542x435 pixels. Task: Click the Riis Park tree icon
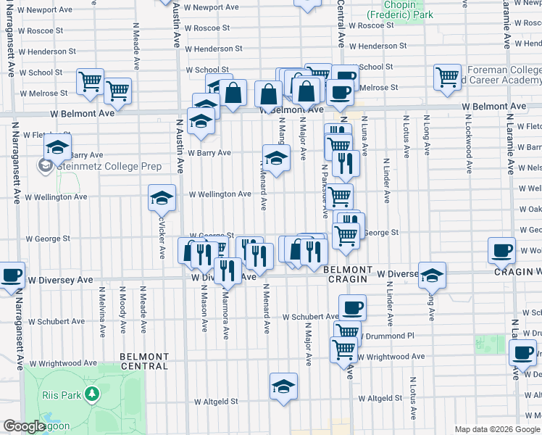(x=92, y=394)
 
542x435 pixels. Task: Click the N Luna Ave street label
(x=364, y=136)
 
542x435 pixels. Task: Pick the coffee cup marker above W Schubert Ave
(x=352, y=307)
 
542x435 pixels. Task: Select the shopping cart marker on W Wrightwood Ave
(x=343, y=349)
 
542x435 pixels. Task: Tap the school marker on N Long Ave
(x=432, y=275)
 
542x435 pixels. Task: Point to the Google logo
(x=24, y=427)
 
